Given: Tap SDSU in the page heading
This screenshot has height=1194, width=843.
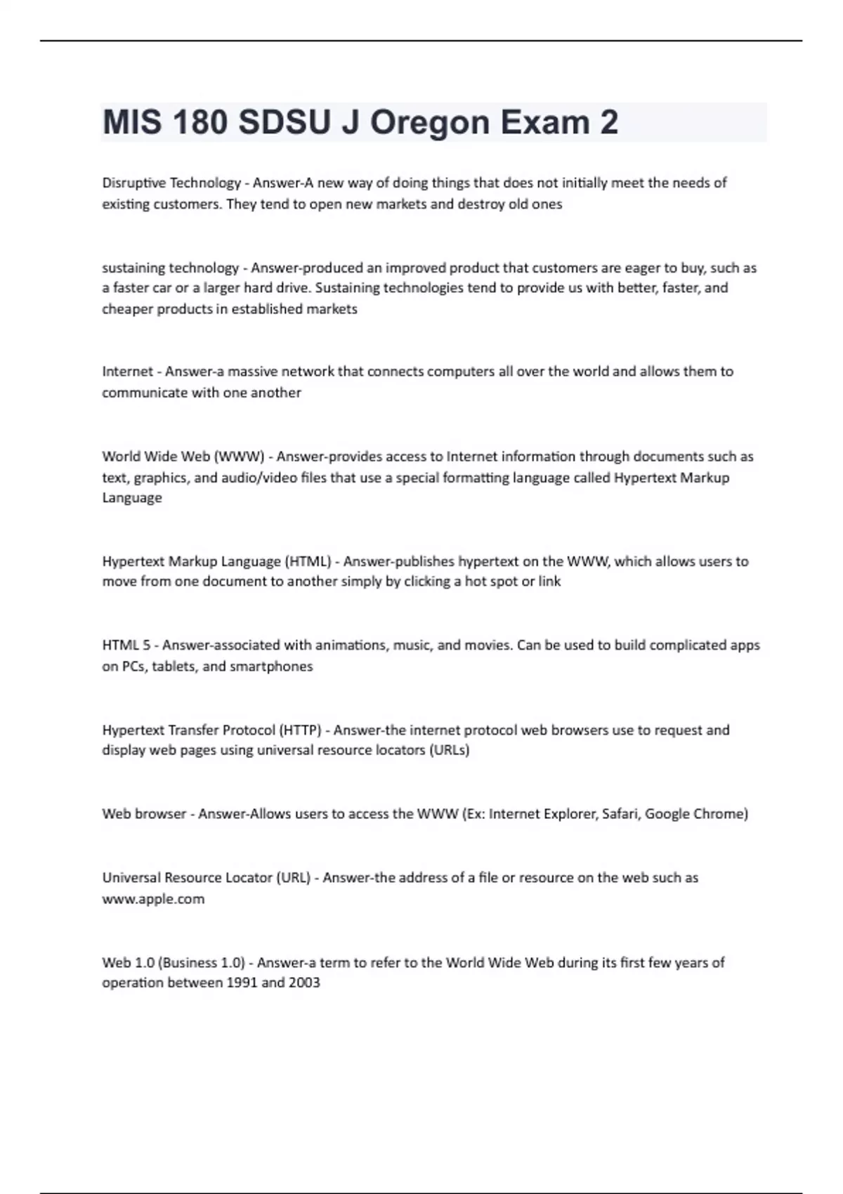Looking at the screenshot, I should pyautogui.click(x=285, y=123).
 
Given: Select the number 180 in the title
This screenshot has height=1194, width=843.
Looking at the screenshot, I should pyautogui.click(x=199, y=123).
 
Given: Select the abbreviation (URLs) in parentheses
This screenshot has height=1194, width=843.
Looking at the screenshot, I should pyautogui.click(x=449, y=750).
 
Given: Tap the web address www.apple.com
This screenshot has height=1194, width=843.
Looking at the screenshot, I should pyautogui.click(x=153, y=899).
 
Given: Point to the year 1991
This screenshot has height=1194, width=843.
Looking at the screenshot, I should pyautogui.click(x=242, y=983).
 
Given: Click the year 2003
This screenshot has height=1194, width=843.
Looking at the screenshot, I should pyautogui.click(x=304, y=983).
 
